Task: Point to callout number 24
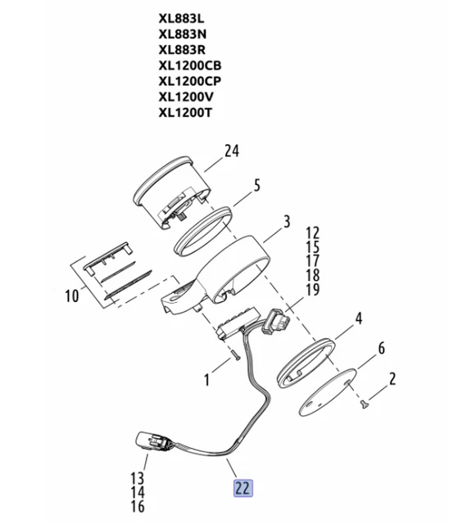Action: click(x=233, y=150)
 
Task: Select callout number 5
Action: click(x=256, y=186)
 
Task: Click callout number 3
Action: click(x=287, y=222)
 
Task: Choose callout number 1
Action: click(x=207, y=380)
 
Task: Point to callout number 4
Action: click(x=357, y=317)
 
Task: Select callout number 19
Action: click(x=312, y=289)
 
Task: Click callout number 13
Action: click(x=137, y=478)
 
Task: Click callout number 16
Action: click(x=137, y=506)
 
